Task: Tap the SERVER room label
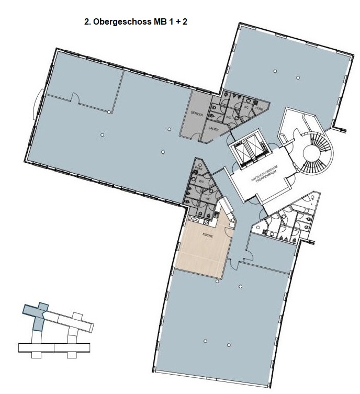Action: coord(197,114)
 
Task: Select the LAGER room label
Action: coord(213,128)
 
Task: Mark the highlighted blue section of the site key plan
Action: coord(37,316)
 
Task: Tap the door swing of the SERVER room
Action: coord(195,136)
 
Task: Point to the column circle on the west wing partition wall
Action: coord(108,112)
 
